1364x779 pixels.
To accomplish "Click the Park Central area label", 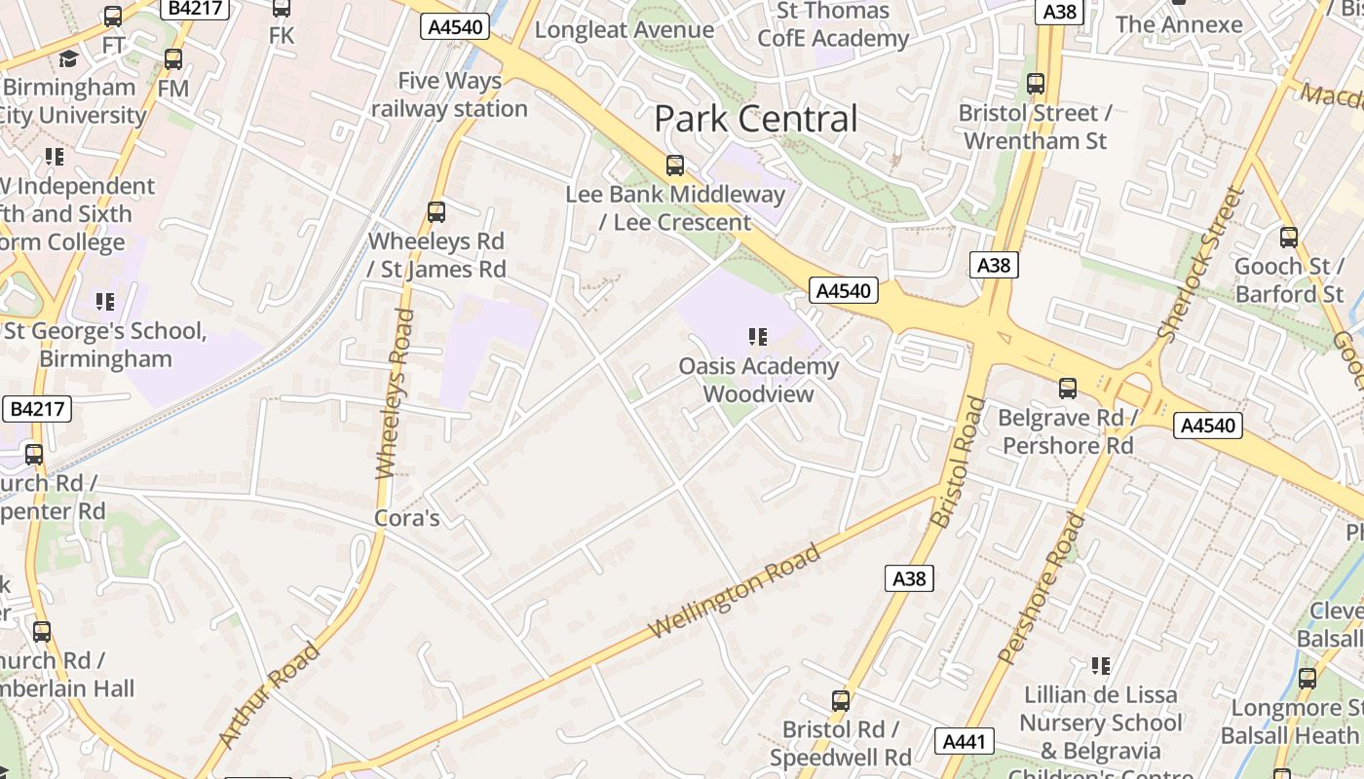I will point(756,119).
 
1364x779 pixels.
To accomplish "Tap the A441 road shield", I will point(965,741).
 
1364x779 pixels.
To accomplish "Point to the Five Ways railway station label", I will point(449,94).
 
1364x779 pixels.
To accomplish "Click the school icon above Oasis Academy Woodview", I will point(758,337).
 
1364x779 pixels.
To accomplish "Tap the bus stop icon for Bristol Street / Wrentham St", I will point(1035,84).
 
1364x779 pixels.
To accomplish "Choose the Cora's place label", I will point(407,518).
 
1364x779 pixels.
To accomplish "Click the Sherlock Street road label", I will point(1201,264).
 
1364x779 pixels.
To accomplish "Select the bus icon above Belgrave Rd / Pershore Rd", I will point(1068,389).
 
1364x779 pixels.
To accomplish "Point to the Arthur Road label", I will point(270,694).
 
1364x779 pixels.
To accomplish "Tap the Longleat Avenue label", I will point(625,29).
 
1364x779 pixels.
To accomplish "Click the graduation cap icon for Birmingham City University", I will point(68,59).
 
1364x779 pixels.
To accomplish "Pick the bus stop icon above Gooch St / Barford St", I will point(1289,237).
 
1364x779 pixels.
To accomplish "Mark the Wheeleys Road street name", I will point(394,393).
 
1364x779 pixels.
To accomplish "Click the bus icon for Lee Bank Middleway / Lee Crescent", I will point(674,166).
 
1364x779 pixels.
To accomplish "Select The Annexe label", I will point(1179,24).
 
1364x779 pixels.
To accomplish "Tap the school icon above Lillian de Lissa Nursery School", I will point(1101,666).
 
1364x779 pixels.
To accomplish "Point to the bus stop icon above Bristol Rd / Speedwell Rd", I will point(840,700).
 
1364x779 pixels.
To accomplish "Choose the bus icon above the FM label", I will point(173,59).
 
